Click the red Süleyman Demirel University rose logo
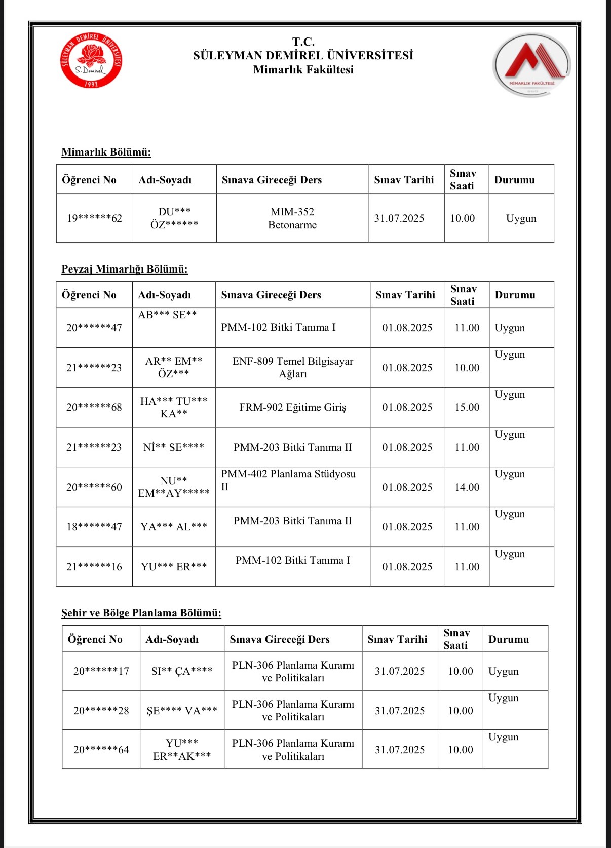tap(91, 60)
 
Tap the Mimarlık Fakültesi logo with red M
tap(531, 65)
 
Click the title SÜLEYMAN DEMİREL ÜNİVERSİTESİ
tap(303, 55)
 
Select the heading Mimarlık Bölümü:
tap(106, 152)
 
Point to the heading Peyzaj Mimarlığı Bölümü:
tap(125, 269)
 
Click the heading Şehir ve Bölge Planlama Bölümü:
tap(141, 613)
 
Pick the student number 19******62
tap(94, 218)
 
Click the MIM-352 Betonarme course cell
tap(292, 218)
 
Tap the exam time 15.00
tap(467, 407)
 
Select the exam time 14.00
tap(467, 487)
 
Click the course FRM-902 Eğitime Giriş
tap(293, 407)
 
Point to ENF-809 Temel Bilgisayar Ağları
tap(293, 367)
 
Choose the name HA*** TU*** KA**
tap(174, 407)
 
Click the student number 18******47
tap(94, 527)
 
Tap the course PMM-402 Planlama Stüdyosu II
tap(288, 480)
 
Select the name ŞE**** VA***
tap(182, 711)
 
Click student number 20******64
tap(101, 750)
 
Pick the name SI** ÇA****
tap(182, 671)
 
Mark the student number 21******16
tap(94, 567)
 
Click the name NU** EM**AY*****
tap(174, 487)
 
